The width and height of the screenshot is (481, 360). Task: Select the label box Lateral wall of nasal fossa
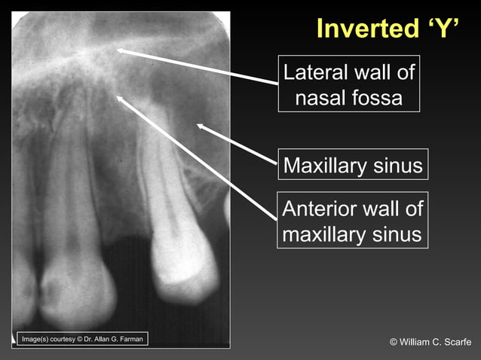click(x=348, y=84)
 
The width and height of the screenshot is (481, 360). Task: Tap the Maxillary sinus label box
click(x=352, y=165)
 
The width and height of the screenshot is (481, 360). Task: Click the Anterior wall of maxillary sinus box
click(x=352, y=221)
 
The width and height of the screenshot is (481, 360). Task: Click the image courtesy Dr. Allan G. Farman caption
click(x=81, y=339)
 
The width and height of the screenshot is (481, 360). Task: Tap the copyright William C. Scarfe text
click(x=430, y=343)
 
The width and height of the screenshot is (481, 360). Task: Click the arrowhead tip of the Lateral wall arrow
click(x=118, y=50)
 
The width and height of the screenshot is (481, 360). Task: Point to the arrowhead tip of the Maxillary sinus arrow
click(x=198, y=125)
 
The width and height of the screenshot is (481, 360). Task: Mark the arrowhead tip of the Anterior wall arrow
click(x=117, y=96)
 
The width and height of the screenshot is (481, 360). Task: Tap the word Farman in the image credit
click(x=127, y=339)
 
